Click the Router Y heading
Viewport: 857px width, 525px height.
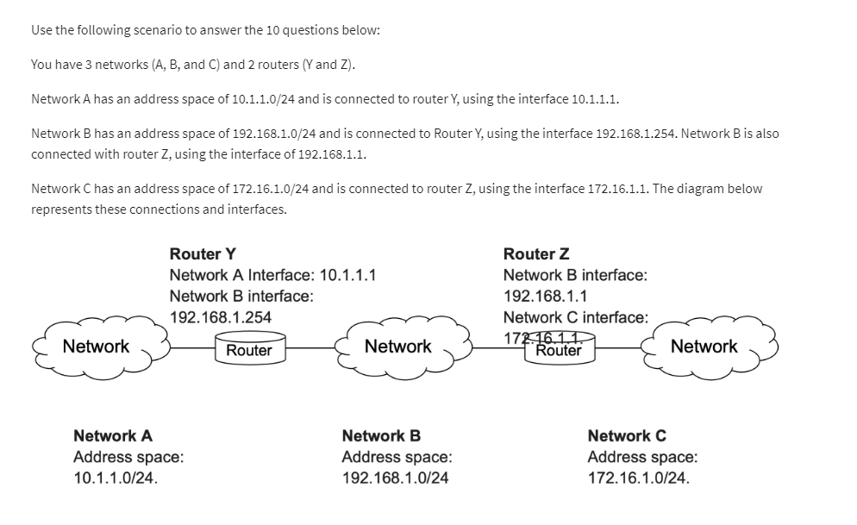point(203,254)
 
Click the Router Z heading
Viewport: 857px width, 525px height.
point(536,254)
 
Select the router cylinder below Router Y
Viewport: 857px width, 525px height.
point(249,348)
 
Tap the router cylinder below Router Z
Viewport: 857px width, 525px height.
point(559,348)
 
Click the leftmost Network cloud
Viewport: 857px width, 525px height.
point(97,347)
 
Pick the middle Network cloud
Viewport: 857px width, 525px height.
point(398,347)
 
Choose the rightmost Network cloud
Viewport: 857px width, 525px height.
point(704,347)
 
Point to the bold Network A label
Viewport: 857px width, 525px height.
point(113,436)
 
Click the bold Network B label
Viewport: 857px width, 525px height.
point(381,436)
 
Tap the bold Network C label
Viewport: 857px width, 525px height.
point(627,436)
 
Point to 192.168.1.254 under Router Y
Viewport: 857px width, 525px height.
point(221,317)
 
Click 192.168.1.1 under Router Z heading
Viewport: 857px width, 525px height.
point(546,297)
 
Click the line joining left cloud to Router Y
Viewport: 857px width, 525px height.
point(191,348)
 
